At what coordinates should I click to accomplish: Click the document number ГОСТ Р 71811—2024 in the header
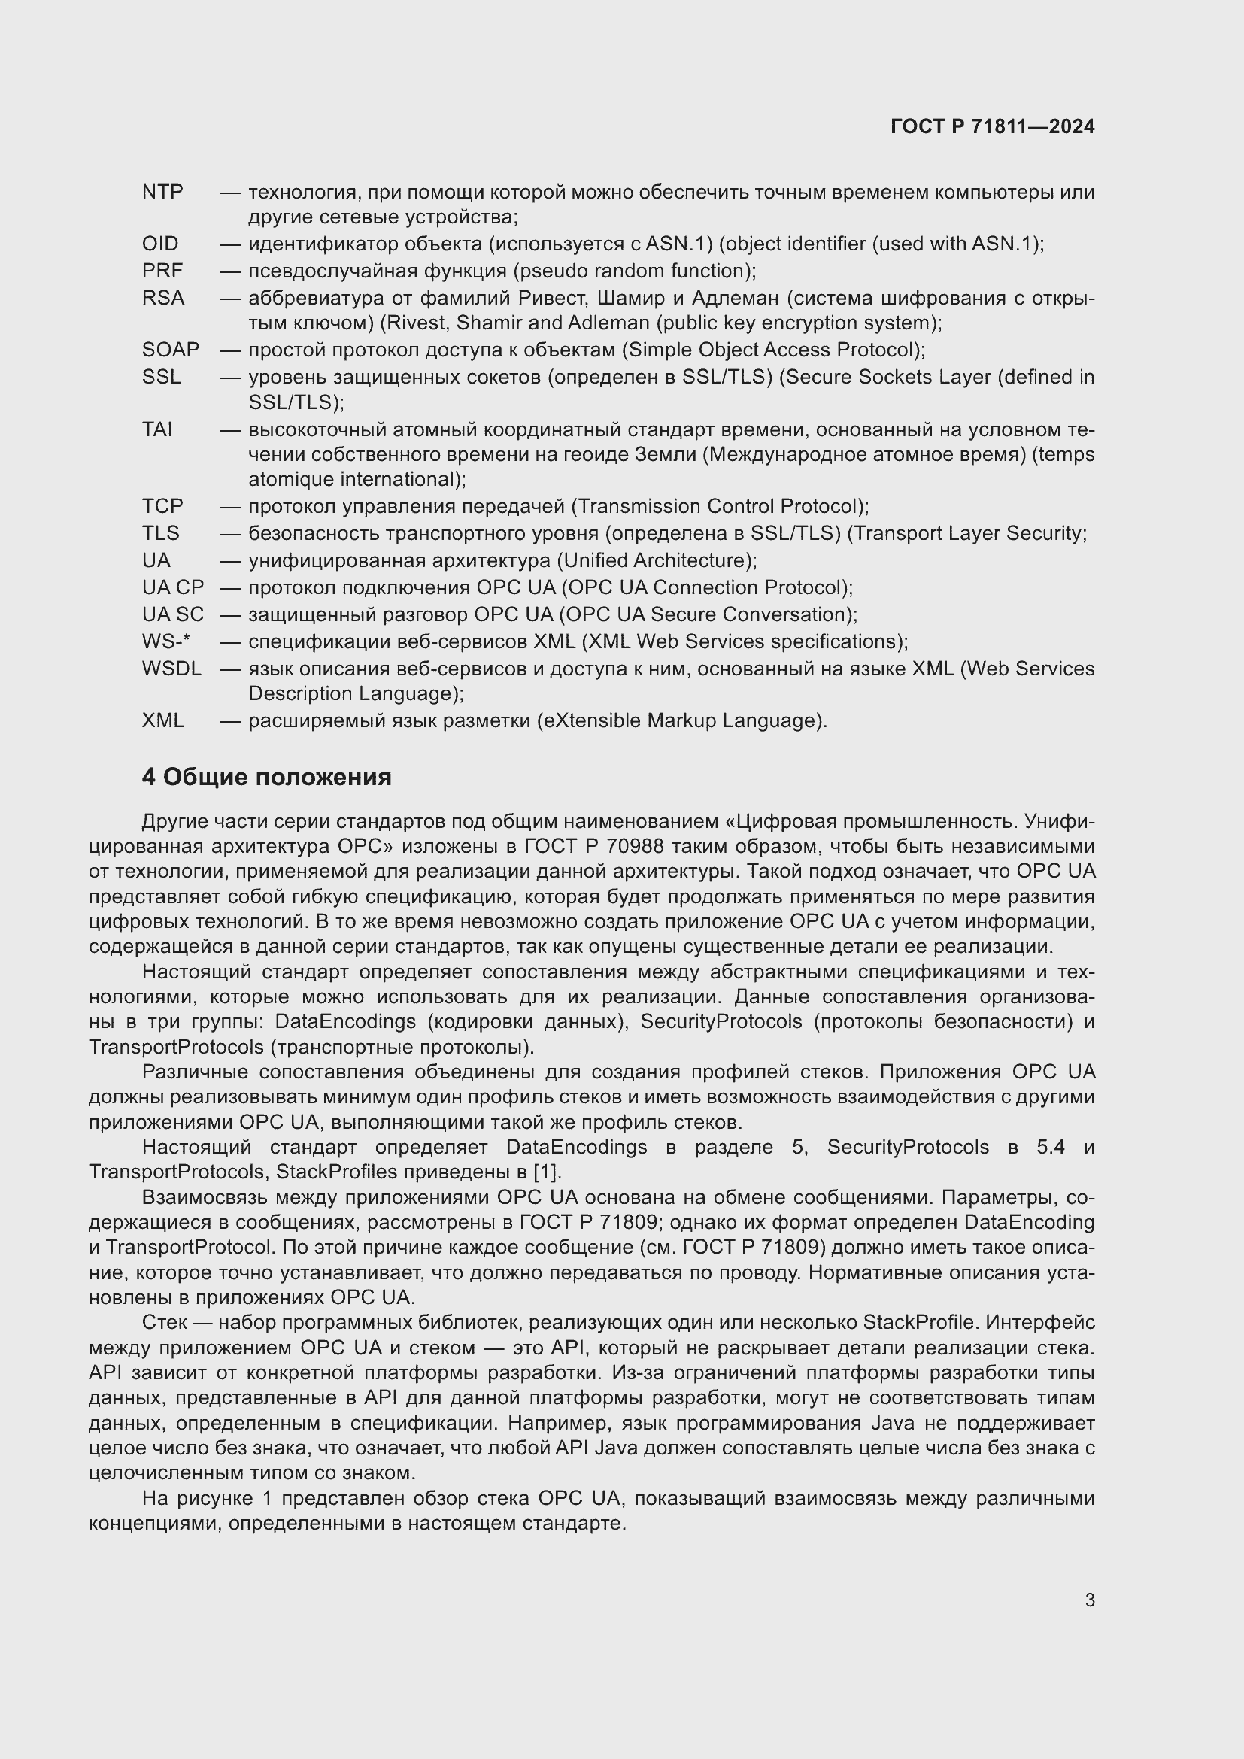pos(992,126)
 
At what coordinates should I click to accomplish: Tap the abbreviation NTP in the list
pos(162,192)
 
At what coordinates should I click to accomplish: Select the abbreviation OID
pos(160,244)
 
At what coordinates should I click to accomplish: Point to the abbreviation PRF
pos(162,271)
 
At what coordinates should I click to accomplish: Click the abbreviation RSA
pos(163,297)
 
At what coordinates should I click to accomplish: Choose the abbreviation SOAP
pos(170,350)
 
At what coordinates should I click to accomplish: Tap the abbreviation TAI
pos(157,429)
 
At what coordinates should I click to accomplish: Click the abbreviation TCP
pos(162,505)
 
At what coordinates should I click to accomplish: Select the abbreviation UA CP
pos(173,587)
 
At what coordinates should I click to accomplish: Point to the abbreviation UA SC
pos(173,614)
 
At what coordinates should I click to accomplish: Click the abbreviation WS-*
pos(165,641)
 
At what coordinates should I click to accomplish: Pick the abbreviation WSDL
pos(171,668)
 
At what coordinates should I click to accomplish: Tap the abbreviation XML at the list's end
pos(163,720)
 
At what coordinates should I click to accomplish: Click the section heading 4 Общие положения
pos(266,777)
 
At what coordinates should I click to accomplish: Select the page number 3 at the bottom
pos(1089,1600)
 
